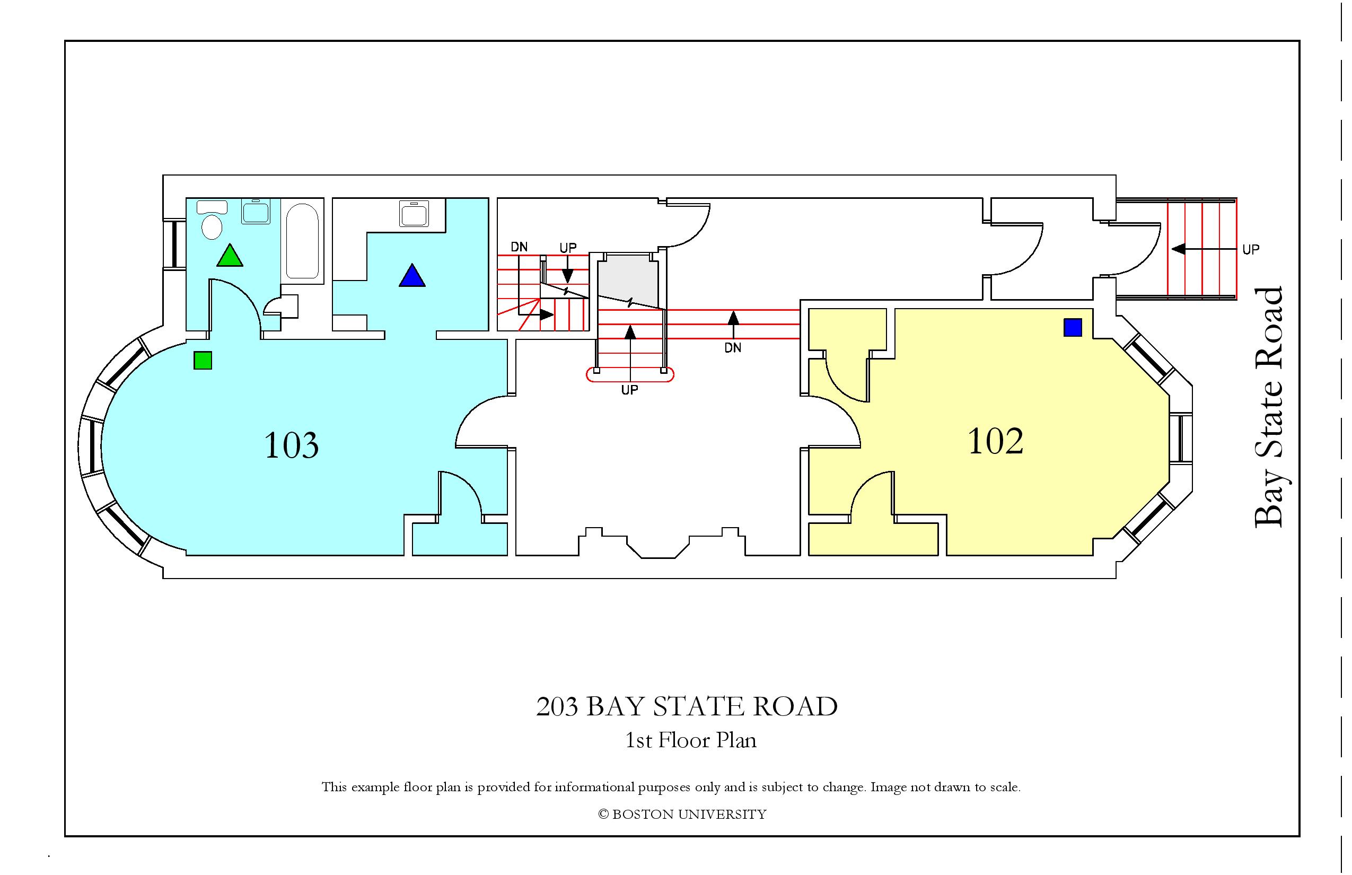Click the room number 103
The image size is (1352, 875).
click(x=292, y=445)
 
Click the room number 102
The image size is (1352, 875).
click(x=995, y=441)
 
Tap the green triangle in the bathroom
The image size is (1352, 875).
click(x=230, y=256)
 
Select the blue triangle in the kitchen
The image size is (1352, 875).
click(x=412, y=276)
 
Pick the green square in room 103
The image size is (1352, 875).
click(x=203, y=360)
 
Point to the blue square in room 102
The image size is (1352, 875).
click(x=1073, y=327)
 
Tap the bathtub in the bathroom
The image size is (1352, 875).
click(x=302, y=241)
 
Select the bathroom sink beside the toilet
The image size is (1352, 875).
click(x=256, y=212)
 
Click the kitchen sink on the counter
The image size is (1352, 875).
click(x=414, y=213)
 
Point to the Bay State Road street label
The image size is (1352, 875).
click(x=1268, y=407)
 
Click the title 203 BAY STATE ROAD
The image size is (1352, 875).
click(x=687, y=706)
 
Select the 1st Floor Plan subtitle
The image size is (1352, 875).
click(x=691, y=740)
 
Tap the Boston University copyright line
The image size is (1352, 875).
click(x=682, y=814)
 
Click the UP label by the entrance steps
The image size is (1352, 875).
click(x=1251, y=249)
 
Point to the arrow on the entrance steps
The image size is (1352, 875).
click(x=1204, y=249)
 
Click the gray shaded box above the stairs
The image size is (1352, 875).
click(x=628, y=278)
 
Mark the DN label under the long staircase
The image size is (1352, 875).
click(x=733, y=347)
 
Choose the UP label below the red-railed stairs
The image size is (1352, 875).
click(x=629, y=390)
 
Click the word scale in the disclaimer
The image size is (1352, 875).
click(x=1007, y=787)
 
